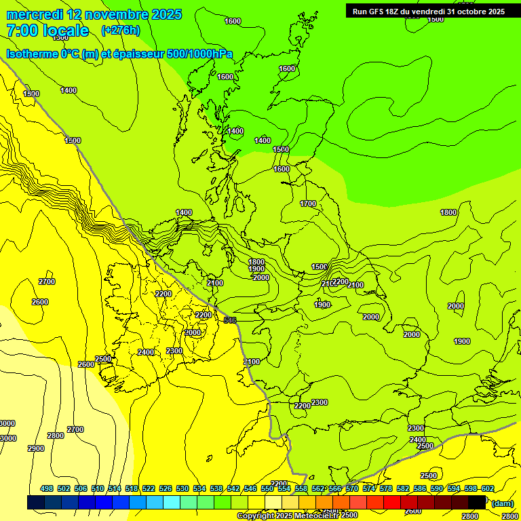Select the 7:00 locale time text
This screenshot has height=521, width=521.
(x=47, y=31)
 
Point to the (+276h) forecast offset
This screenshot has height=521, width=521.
(x=120, y=31)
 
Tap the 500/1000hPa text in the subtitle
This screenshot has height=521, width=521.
(x=199, y=54)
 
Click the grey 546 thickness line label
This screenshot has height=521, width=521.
(x=230, y=320)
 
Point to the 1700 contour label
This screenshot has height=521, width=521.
(x=308, y=204)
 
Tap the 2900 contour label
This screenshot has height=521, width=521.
(x=36, y=448)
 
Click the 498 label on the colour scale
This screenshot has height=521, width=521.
(x=47, y=488)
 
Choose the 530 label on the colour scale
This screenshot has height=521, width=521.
(x=182, y=488)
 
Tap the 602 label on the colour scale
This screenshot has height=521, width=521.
(x=488, y=488)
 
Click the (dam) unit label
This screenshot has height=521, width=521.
(x=501, y=503)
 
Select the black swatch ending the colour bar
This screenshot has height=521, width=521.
(x=477, y=502)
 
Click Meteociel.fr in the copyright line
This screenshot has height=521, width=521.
(x=311, y=516)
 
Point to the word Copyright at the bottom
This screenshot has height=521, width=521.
(x=256, y=516)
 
